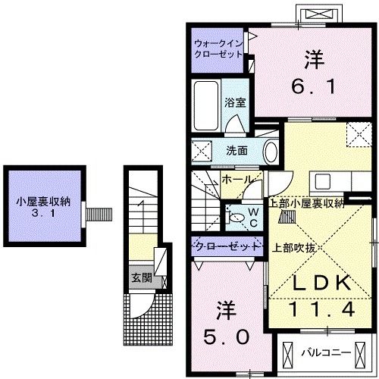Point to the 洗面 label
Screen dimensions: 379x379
pyautogui.click(x=236, y=150)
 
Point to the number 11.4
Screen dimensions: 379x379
pyautogui.click(x=321, y=309)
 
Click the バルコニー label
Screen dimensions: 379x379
pyautogui.click(x=324, y=353)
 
